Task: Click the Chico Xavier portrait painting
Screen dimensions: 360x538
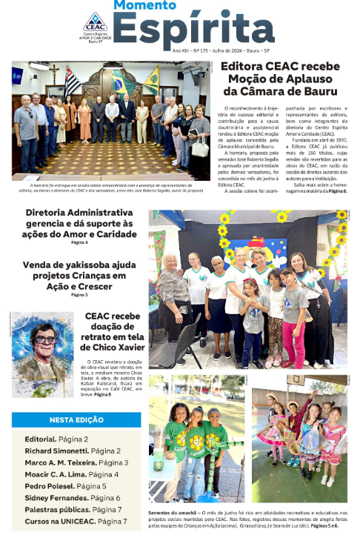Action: pos(42,354)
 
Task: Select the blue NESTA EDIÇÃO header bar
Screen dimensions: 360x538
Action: pos(76,419)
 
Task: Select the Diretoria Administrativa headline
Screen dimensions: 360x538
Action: pos(79,225)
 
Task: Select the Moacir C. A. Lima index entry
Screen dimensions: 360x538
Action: pos(67,474)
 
